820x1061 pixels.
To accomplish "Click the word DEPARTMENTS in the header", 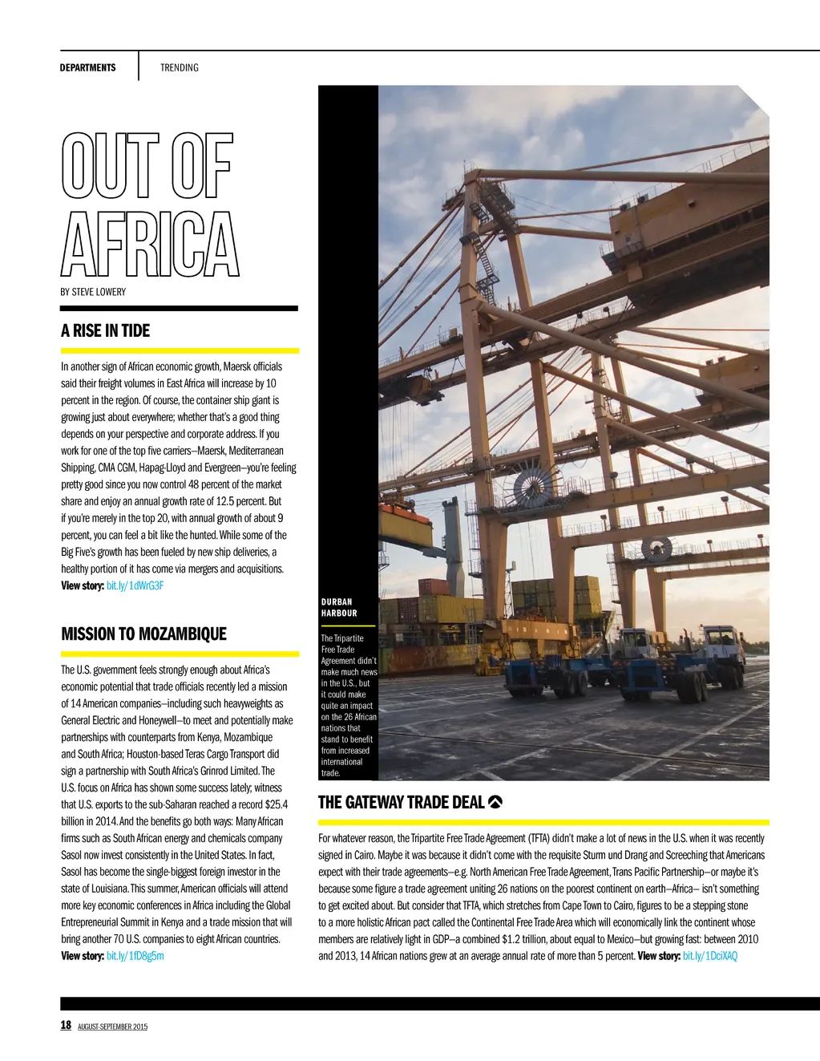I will click(x=87, y=67).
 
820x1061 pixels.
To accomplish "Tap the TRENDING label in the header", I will click(x=179, y=67).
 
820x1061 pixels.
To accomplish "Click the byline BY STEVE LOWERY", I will click(x=93, y=292).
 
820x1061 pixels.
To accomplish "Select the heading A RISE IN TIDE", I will click(x=105, y=330).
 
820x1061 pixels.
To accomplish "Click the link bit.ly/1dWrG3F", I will click(x=135, y=585).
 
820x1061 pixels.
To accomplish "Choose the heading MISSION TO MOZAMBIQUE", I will click(x=143, y=634).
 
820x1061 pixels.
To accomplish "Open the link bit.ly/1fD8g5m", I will click(x=135, y=956).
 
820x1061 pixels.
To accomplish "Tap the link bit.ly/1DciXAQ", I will click(x=709, y=956).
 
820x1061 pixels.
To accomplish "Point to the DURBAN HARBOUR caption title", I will click(x=338, y=607).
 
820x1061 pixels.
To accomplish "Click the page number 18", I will click(x=66, y=1025).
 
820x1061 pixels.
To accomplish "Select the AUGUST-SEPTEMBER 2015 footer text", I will click(x=112, y=1027).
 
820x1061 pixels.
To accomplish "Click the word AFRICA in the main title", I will click(x=149, y=244).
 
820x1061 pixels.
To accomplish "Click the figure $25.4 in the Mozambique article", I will click(x=275, y=804).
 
